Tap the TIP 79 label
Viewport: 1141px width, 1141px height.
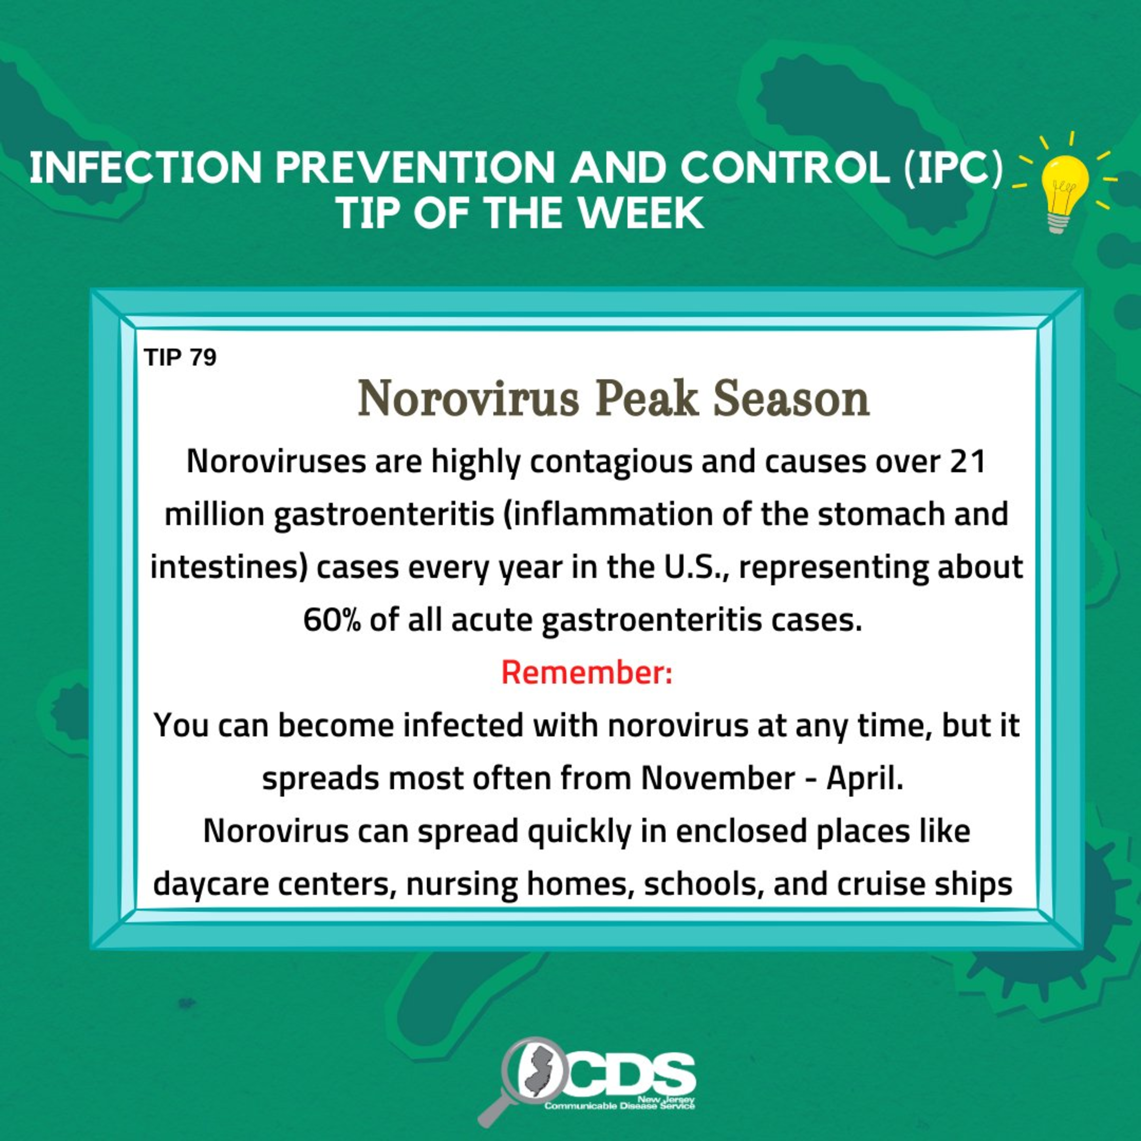click(180, 357)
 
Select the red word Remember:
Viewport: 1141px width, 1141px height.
click(586, 673)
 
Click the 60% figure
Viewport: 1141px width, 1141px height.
click(332, 620)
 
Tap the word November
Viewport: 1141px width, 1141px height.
click(718, 778)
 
